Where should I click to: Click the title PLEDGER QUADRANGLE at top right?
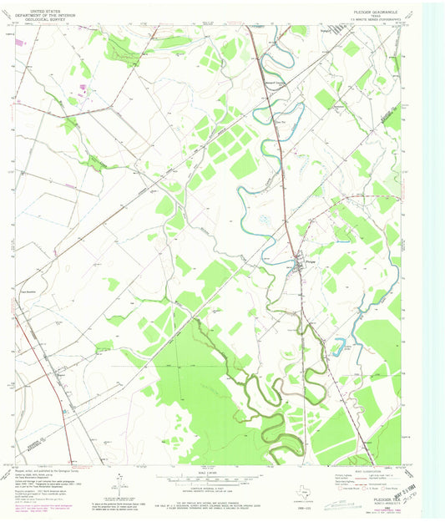pyautogui.click(x=373, y=6)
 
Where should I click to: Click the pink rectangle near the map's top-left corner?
pyautogui.click(x=83, y=85)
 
